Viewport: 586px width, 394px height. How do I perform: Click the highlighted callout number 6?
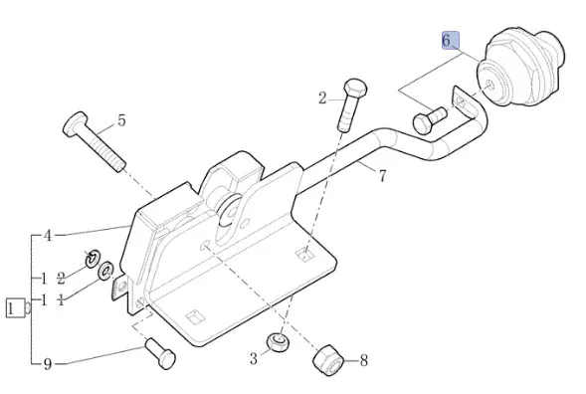click(447, 40)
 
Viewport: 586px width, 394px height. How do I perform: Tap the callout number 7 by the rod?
click(382, 176)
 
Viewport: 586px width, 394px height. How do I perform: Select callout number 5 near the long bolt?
click(121, 120)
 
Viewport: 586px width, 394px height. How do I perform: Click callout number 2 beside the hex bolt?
click(322, 98)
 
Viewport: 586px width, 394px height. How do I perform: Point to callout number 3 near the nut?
click(254, 359)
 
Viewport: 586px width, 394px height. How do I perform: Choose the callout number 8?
click(363, 361)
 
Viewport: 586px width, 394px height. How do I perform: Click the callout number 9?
click(47, 364)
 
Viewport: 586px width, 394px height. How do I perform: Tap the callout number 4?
click(48, 236)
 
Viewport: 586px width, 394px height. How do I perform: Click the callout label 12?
click(53, 279)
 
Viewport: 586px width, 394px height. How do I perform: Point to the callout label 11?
click(53, 299)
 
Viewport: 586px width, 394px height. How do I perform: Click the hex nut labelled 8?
click(328, 360)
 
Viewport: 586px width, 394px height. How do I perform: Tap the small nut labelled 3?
click(278, 341)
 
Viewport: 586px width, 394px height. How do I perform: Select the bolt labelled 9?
click(160, 353)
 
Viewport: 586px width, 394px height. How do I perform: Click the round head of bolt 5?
click(76, 123)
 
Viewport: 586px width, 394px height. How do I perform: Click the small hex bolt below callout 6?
click(430, 120)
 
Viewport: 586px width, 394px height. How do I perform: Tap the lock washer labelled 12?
click(92, 259)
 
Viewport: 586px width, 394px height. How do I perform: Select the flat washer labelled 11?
click(106, 271)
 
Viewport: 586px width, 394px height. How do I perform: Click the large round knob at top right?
click(521, 69)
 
